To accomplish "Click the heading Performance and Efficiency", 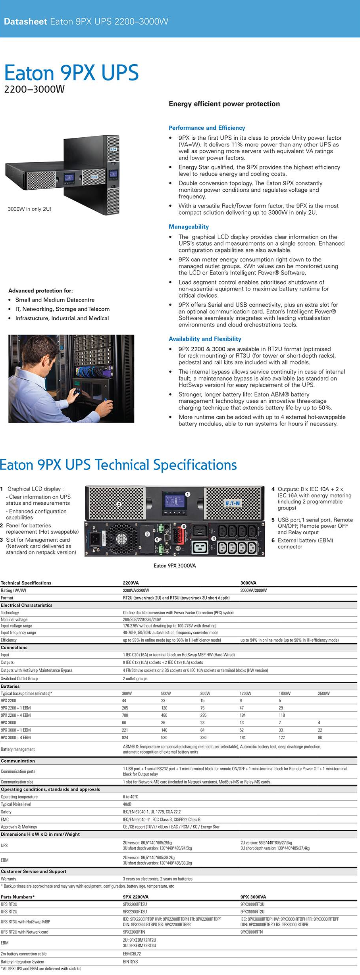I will [x=207, y=128].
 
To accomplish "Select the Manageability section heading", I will [x=189, y=227].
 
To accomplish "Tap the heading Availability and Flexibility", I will [x=205, y=339].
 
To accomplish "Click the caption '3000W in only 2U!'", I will [x=30, y=209].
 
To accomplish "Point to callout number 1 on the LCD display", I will [x=188, y=494].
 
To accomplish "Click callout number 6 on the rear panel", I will [x=183, y=527].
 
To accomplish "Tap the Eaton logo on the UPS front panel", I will [x=233, y=504].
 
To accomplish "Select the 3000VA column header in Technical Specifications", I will [x=248, y=583].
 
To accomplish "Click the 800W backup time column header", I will [x=205, y=693].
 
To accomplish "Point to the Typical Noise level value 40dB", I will [x=127, y=804].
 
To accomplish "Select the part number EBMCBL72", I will [x=132, y=954].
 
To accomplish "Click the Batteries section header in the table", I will [x=10, y=686].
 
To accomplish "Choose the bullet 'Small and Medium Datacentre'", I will [x=55, y=300].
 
